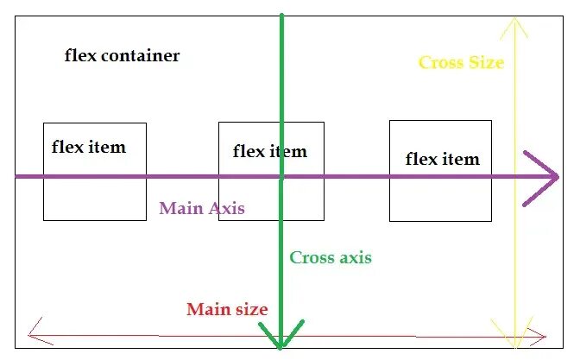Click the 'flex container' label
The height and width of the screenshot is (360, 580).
[x=123, y=56]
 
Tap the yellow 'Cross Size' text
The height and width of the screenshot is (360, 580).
[x=461, y=62]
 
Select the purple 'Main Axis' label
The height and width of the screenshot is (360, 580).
[x=202, y=208]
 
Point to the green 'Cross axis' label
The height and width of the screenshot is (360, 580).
[x=331, y=257]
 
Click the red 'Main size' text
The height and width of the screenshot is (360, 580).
[x=227, y=309]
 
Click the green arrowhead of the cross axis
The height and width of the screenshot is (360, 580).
[x=281, y=337]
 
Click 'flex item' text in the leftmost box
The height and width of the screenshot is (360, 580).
[x=89, y=147]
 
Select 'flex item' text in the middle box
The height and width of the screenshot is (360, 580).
[x=270, y=152]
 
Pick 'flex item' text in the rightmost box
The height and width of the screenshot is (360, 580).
[x=442, y=159]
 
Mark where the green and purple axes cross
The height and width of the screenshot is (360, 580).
[x=281, y=177]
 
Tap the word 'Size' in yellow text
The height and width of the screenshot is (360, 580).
[x=486, y=62]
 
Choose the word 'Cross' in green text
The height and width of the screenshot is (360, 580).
[x=308, y=257]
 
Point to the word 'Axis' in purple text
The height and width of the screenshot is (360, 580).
[x=227, y=208]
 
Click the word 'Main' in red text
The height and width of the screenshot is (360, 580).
[x=205, y=309]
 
